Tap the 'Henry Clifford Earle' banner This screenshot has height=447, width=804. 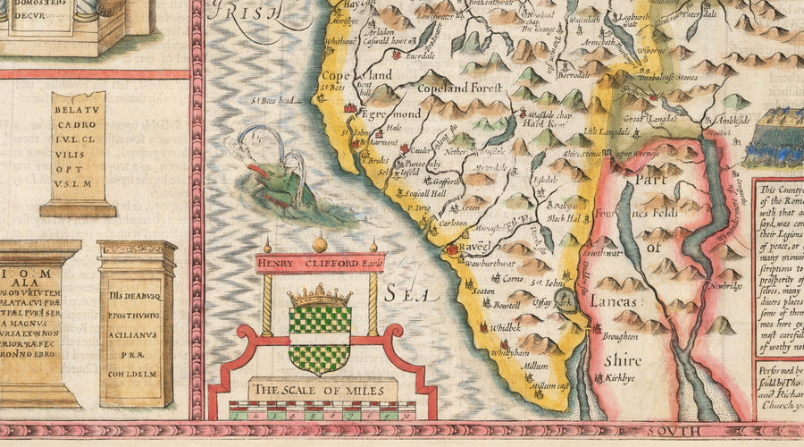click(319, 263)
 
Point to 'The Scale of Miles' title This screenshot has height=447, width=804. click(322, 391)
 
